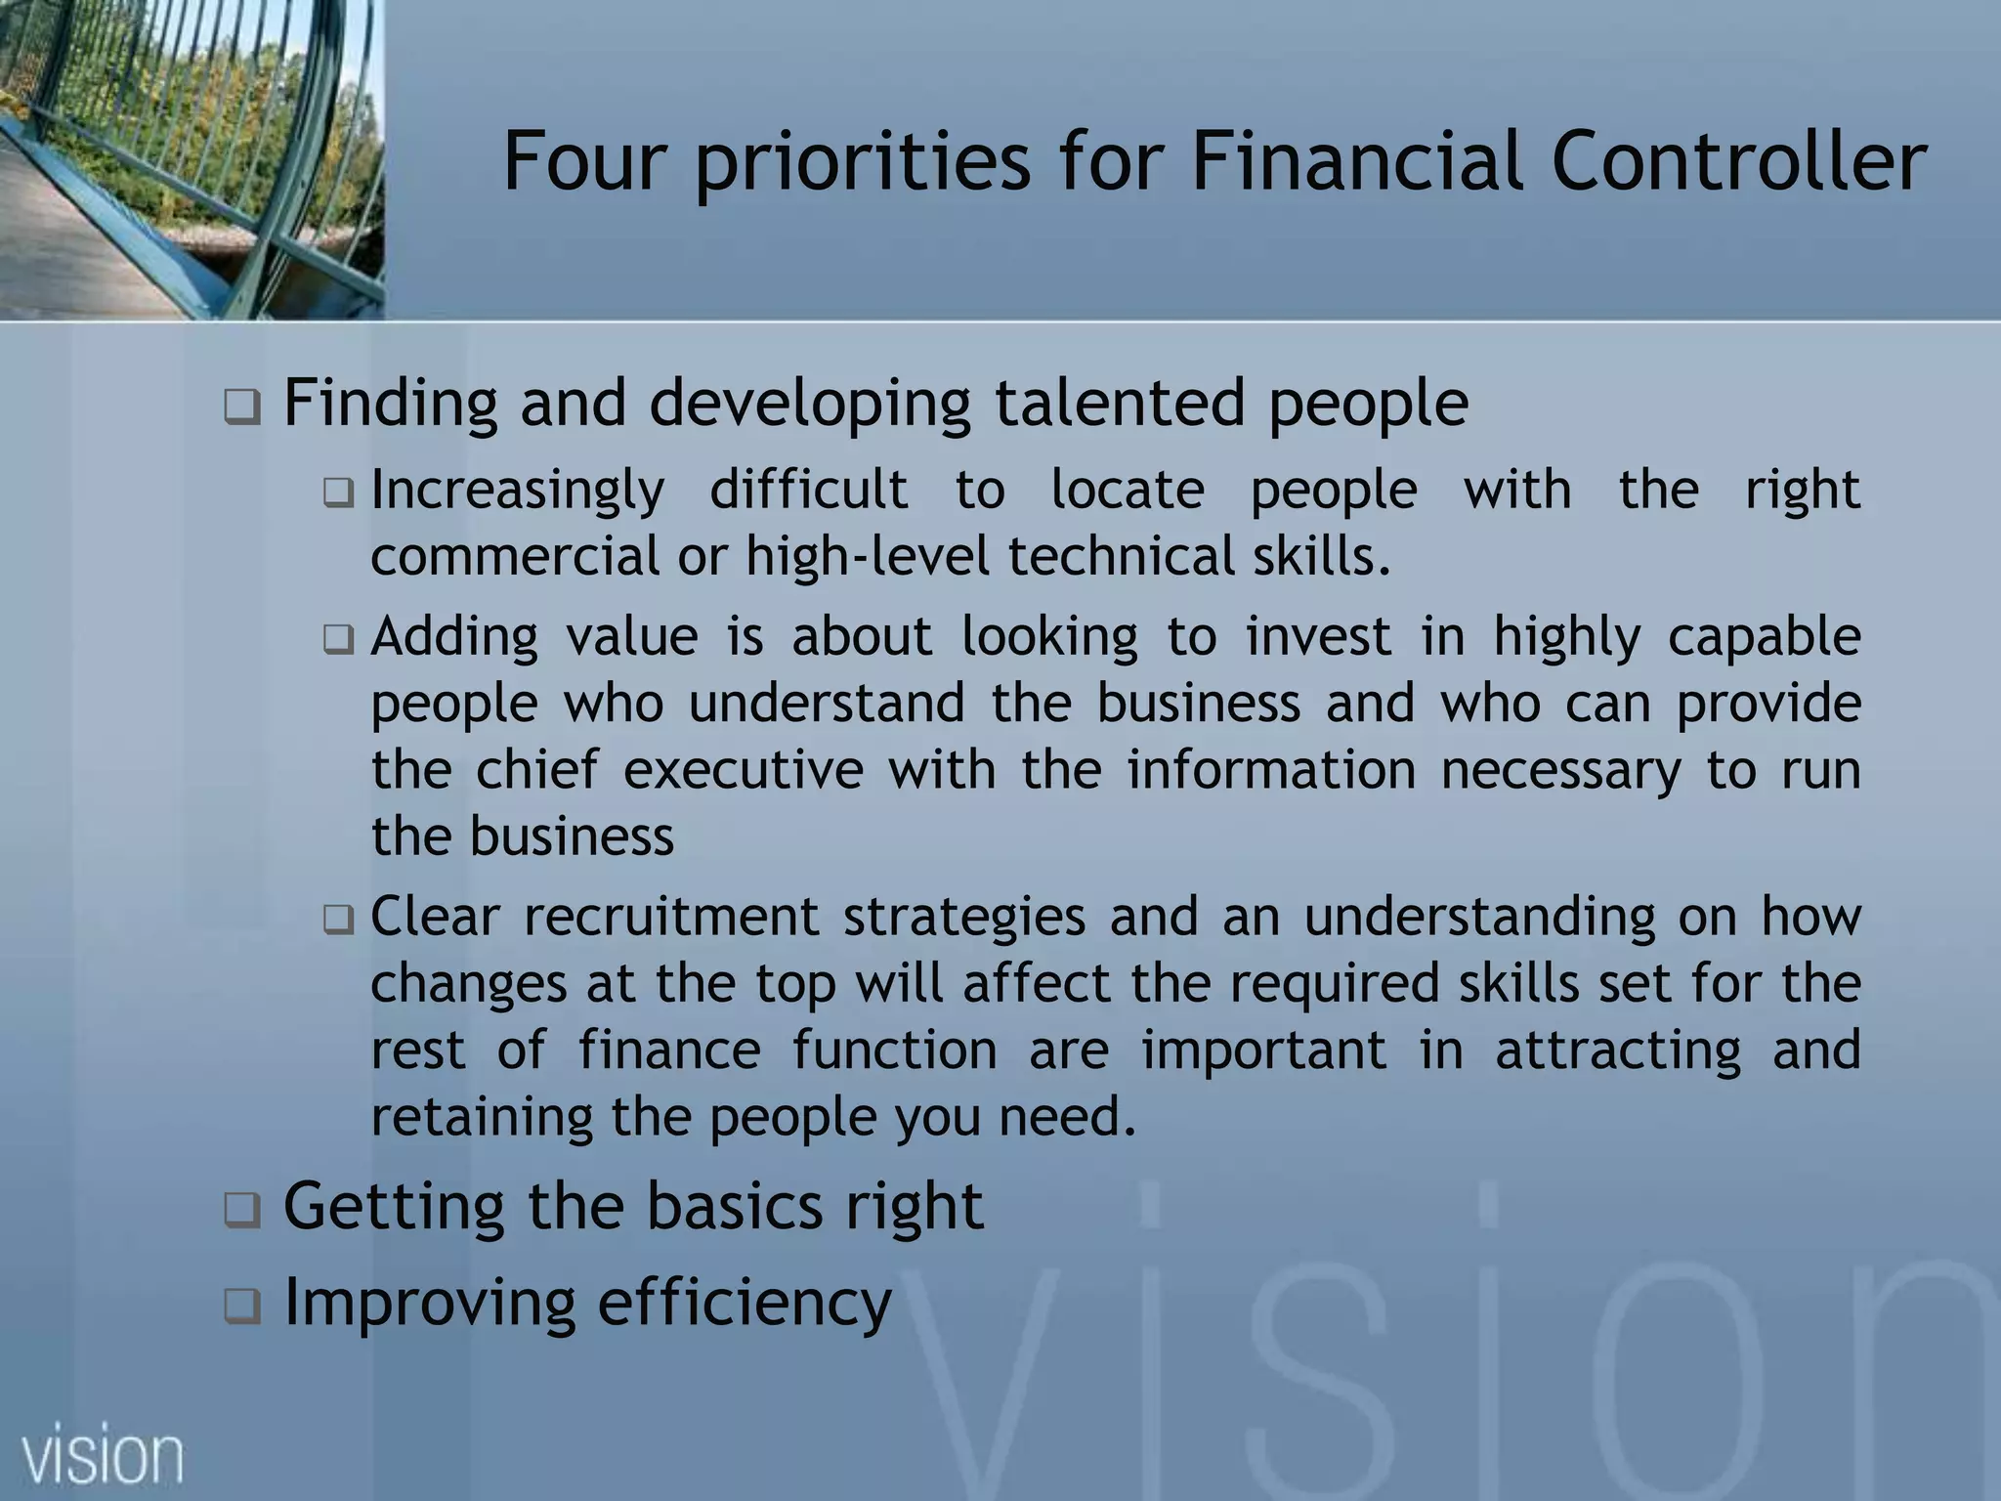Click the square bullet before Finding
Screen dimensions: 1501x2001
[241, 407]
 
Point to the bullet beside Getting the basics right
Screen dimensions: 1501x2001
[241, 1211]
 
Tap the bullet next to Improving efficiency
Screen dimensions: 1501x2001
[241, 1306]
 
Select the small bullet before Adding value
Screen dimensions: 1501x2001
[338, 640]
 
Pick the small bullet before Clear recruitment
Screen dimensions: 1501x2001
[338, 920]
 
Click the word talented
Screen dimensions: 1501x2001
[1119, 403]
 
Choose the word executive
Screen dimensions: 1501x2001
[743, 770]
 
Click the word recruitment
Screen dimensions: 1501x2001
[671, 918]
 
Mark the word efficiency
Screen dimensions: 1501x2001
[745, 1304]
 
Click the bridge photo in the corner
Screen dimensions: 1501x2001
[192, 159]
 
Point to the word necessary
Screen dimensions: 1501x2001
[1560, 770]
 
